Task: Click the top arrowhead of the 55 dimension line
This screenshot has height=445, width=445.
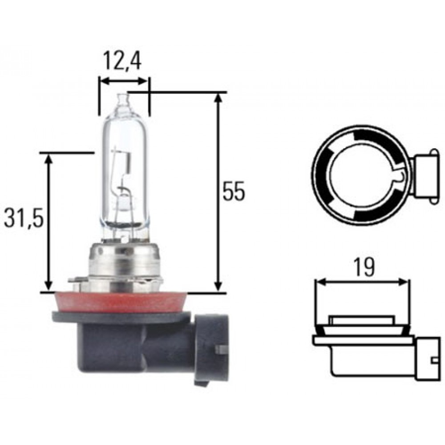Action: [218, 98]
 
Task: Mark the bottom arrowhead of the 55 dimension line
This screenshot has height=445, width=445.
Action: [218, 287]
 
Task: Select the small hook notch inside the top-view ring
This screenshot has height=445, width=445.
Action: [400, 177]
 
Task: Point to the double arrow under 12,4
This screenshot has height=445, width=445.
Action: [123, 81]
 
